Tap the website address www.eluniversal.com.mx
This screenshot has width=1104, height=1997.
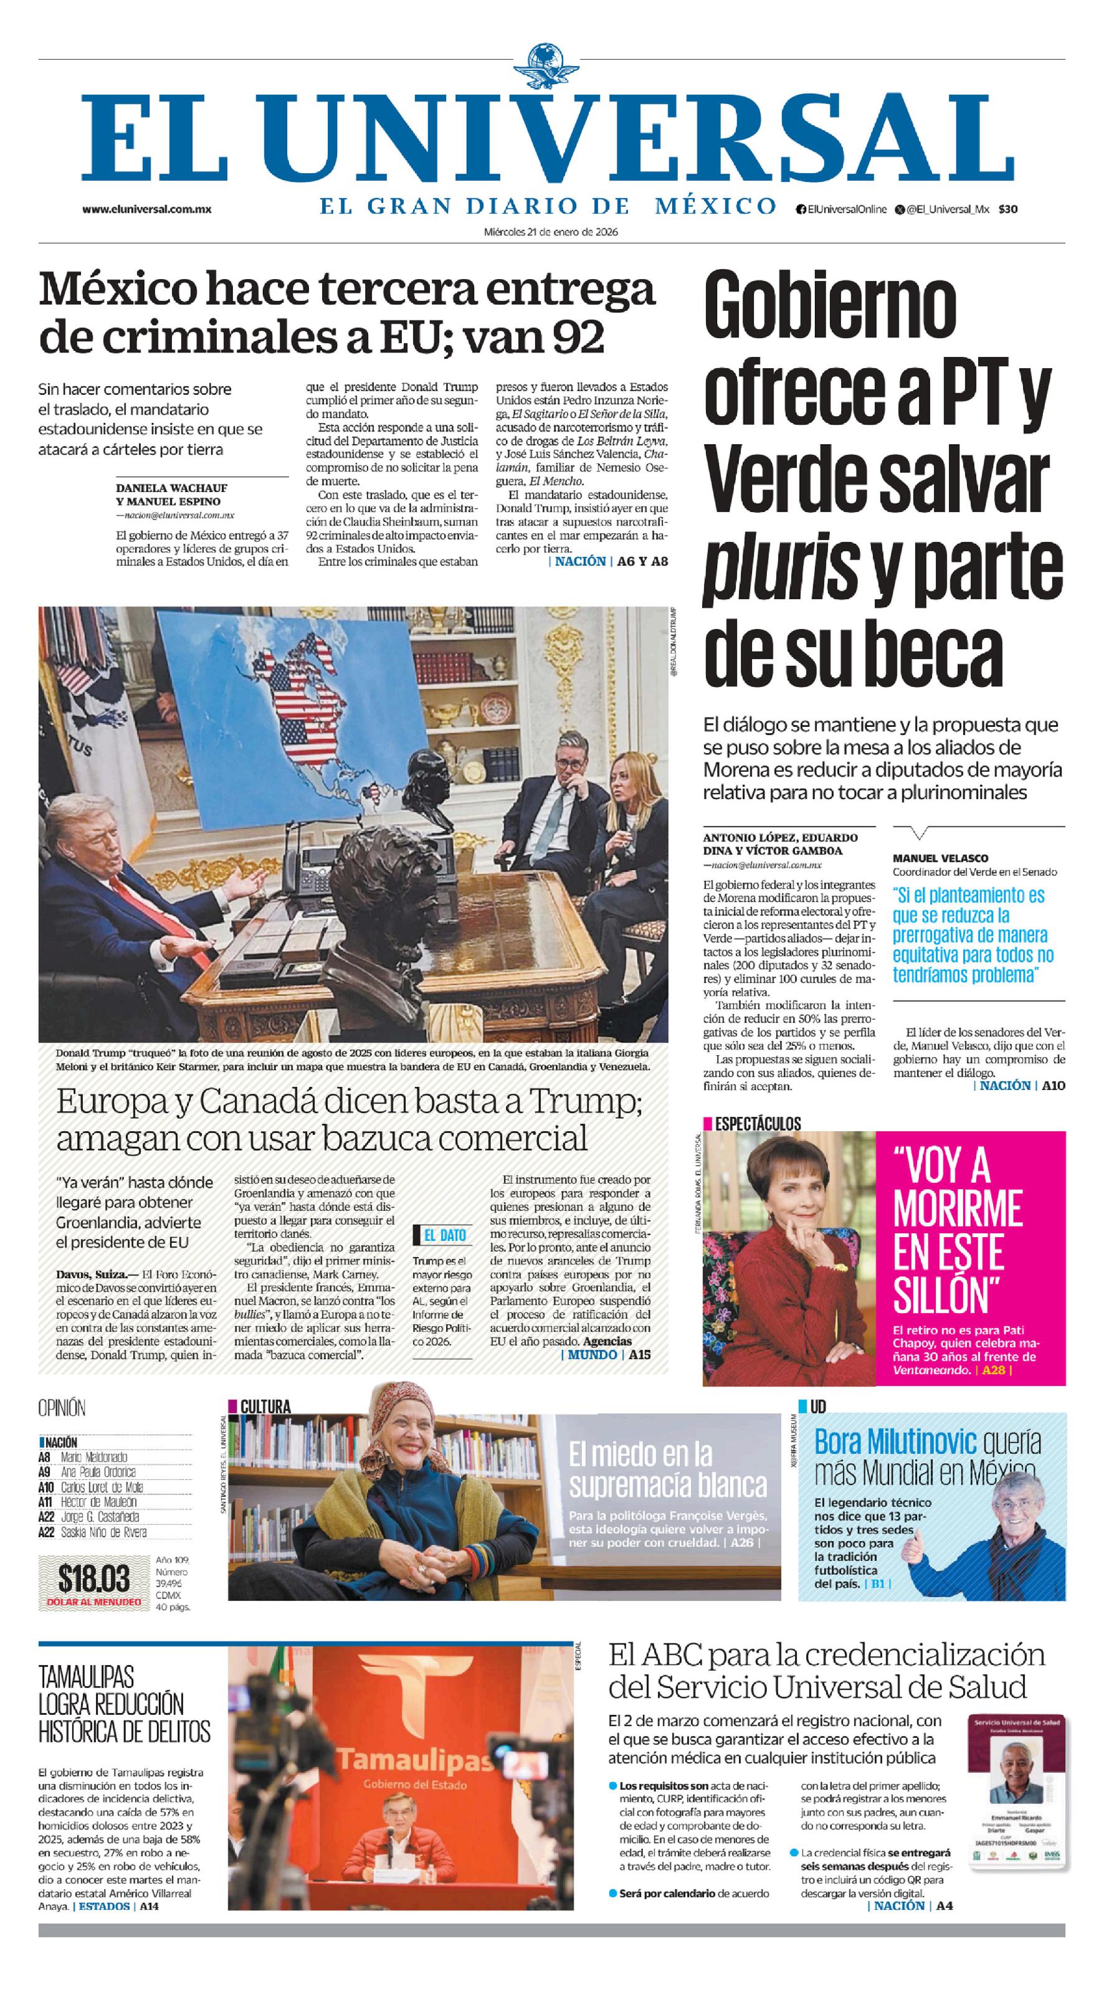click(x=146, y=209)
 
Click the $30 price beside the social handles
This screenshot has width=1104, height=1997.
click(x=1008, y=209)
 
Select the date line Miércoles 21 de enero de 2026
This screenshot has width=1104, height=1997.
click(x=551, y=231)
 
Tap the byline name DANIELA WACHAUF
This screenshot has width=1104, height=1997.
click(x=171, y=488)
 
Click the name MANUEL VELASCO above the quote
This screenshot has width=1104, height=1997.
click(x=940, y=858)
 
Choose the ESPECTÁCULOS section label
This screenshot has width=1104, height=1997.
click(x=758, y=1123)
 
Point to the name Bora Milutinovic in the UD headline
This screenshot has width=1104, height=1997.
click(x=895, y=1441)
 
